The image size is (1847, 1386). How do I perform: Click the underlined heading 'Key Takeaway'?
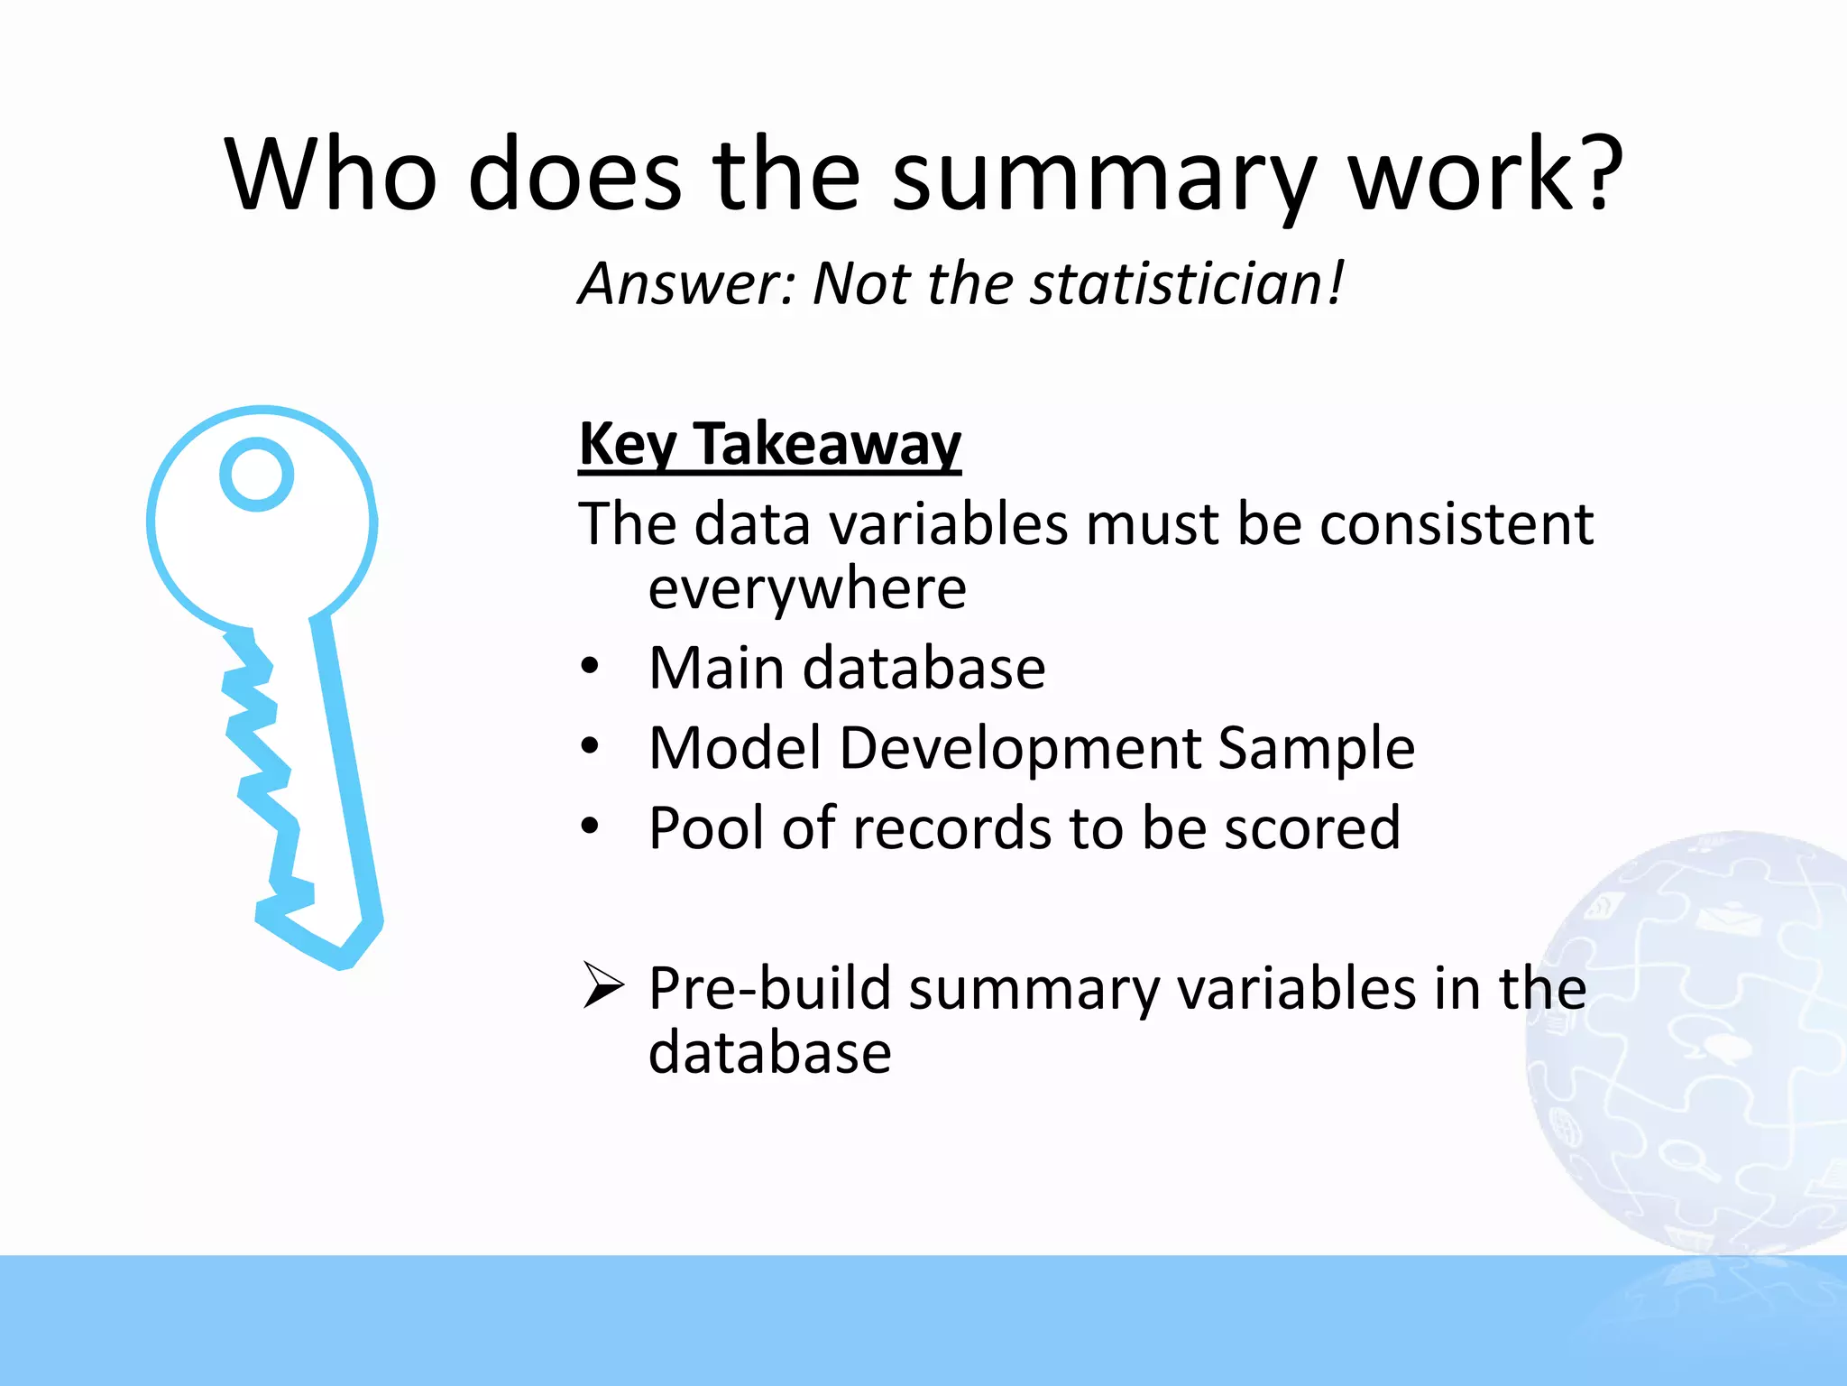coord(769,444)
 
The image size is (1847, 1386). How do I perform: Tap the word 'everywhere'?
coord(807,588)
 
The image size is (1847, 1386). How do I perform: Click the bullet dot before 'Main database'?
coord(590,668)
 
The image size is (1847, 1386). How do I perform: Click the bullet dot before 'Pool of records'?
coord(590,827)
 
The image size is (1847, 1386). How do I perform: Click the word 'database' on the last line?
coord(769,1053)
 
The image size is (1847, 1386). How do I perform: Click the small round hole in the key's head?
coord(257,475)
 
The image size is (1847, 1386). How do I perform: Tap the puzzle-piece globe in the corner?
coord(1695,1038)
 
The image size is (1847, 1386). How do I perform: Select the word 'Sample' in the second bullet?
coord(1316,748)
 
